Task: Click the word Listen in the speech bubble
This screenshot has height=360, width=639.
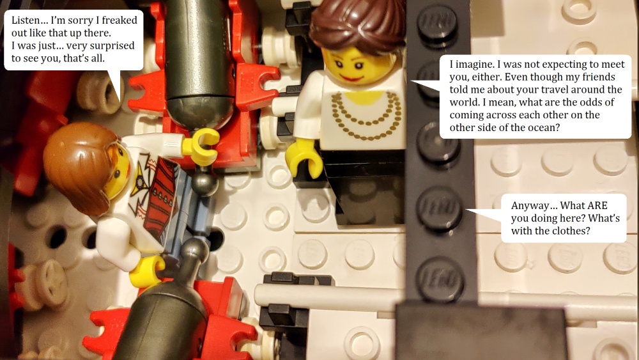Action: pyautogui.click(x=26, y=20)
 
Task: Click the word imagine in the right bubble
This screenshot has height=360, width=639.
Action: pyautogui.click(x=473, y=65)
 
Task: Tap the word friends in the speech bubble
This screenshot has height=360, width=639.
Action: pyautogui.click(x=597, y=77)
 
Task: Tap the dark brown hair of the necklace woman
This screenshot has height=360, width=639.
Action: pyautogui.click(x=358, y=24)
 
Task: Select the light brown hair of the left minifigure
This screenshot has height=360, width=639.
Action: pyautogui.click(x=75, y=165)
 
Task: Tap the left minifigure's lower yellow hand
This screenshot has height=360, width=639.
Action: pyautogui.click(x=145, y=270)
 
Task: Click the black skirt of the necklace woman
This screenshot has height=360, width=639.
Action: pyautogui.click(x=365, y=185)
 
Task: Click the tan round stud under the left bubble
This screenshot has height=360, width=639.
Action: pyautogui.click(x=97, y=92)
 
